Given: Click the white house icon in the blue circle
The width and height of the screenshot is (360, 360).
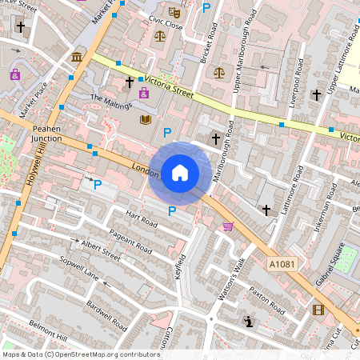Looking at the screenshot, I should tap(179, 173).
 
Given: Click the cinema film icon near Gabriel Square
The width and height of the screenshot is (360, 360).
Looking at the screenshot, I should tap(319, 310).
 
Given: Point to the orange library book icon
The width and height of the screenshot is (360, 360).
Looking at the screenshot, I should tap(145, 119).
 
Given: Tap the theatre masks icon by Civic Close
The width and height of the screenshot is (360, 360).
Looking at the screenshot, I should tap(175, 14).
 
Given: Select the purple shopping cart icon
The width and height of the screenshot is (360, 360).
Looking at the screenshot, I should tap(229, 226).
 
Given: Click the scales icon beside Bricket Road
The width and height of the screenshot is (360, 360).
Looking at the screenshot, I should tap(219, 71).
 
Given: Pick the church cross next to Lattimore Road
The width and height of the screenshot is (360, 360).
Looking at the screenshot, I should tap(266, 210).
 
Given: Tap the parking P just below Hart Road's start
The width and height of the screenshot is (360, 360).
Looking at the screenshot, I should tap(172, 211).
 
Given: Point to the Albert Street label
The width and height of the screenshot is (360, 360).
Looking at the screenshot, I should tap(101, 247).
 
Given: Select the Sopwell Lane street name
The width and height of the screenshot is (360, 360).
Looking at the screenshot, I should tap(80, 269).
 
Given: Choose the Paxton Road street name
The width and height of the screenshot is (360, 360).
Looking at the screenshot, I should tap(266, 299).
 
